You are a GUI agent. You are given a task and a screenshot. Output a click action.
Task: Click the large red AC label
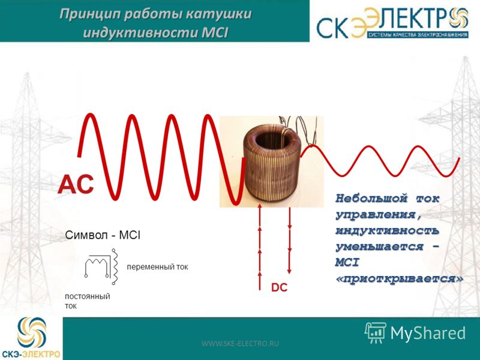click(76, 184)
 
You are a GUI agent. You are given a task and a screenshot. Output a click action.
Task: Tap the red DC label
click(279, 287)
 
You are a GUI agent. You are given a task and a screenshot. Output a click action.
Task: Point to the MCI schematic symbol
click(101, 266)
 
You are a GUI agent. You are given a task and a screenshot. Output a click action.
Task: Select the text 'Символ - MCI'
click(103, 235)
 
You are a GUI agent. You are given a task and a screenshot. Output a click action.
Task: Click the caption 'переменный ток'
click(157, 266)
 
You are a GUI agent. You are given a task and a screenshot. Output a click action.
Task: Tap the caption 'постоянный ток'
click(87, 301)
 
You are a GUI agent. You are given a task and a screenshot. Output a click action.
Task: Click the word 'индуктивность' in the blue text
click(387, 230)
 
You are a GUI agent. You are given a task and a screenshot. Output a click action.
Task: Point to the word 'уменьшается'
click(379, 247)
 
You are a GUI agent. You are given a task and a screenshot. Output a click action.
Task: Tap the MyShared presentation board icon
click(376, 332)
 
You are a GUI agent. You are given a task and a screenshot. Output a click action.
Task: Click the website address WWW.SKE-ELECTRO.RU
click(240, 343)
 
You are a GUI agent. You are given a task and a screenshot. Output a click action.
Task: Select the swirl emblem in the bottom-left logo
click(32, 332)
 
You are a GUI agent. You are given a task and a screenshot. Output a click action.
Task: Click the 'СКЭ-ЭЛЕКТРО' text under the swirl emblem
click(31, 355)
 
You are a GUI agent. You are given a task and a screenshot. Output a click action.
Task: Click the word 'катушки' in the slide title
click(218, 14)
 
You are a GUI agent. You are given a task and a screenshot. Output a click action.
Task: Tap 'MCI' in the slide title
click(215, 33)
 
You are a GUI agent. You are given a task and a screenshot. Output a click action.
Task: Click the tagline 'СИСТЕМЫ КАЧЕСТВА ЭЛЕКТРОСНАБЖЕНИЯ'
click(418, 35)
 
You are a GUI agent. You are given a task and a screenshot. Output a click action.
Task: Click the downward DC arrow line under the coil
click(289, 241)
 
